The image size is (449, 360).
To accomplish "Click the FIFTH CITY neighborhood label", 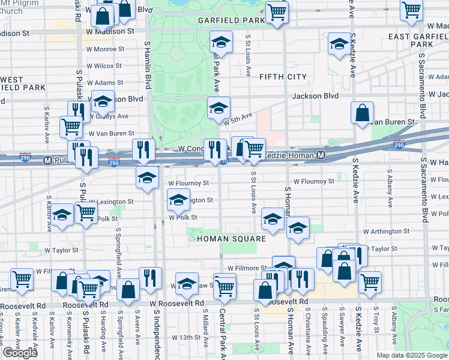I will coord(283,77).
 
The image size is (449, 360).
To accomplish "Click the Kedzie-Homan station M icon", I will coord(322,156).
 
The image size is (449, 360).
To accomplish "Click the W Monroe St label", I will coord(105,49).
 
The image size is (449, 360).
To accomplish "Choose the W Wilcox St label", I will coord(104,65).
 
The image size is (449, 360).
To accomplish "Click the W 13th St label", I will coord(185,337).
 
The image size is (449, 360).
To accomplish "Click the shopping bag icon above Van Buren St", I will coord(363,113).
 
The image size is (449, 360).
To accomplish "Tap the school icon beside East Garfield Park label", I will coord(339,44).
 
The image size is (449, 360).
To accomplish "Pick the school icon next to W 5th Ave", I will coord(218,108).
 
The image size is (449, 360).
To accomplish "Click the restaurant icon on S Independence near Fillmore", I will coord(150,277).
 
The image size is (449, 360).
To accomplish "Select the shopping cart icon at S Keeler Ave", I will coord(22,279).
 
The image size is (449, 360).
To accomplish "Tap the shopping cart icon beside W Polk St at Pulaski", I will coord(86,212).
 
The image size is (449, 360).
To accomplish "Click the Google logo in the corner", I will coord(20,353).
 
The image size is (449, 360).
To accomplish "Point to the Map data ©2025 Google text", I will coord(411,355).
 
